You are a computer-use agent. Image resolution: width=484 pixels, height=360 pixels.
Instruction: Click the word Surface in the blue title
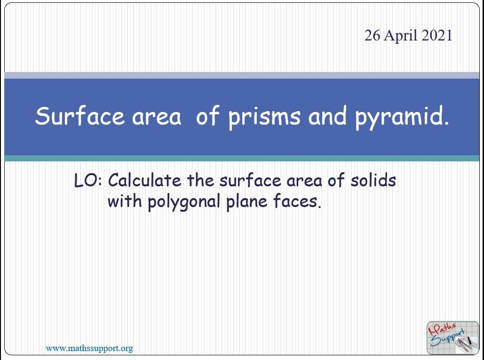pos(79,116)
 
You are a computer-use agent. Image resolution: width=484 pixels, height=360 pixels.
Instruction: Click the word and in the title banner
pos(326,116)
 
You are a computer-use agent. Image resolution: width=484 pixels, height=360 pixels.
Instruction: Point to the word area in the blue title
pos(156,117)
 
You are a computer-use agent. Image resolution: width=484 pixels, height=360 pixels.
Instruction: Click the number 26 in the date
pos(372,36)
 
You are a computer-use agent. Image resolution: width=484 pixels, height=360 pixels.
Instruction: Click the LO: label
pos(89,180)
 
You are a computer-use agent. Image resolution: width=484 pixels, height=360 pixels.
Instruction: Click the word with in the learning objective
pos(124,201)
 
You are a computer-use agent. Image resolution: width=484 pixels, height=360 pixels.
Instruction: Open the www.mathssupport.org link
pos(89,348)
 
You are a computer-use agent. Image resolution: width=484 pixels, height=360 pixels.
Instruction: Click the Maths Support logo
pos(452,337)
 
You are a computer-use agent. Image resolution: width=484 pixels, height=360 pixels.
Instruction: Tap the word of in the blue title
pos(207,116)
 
